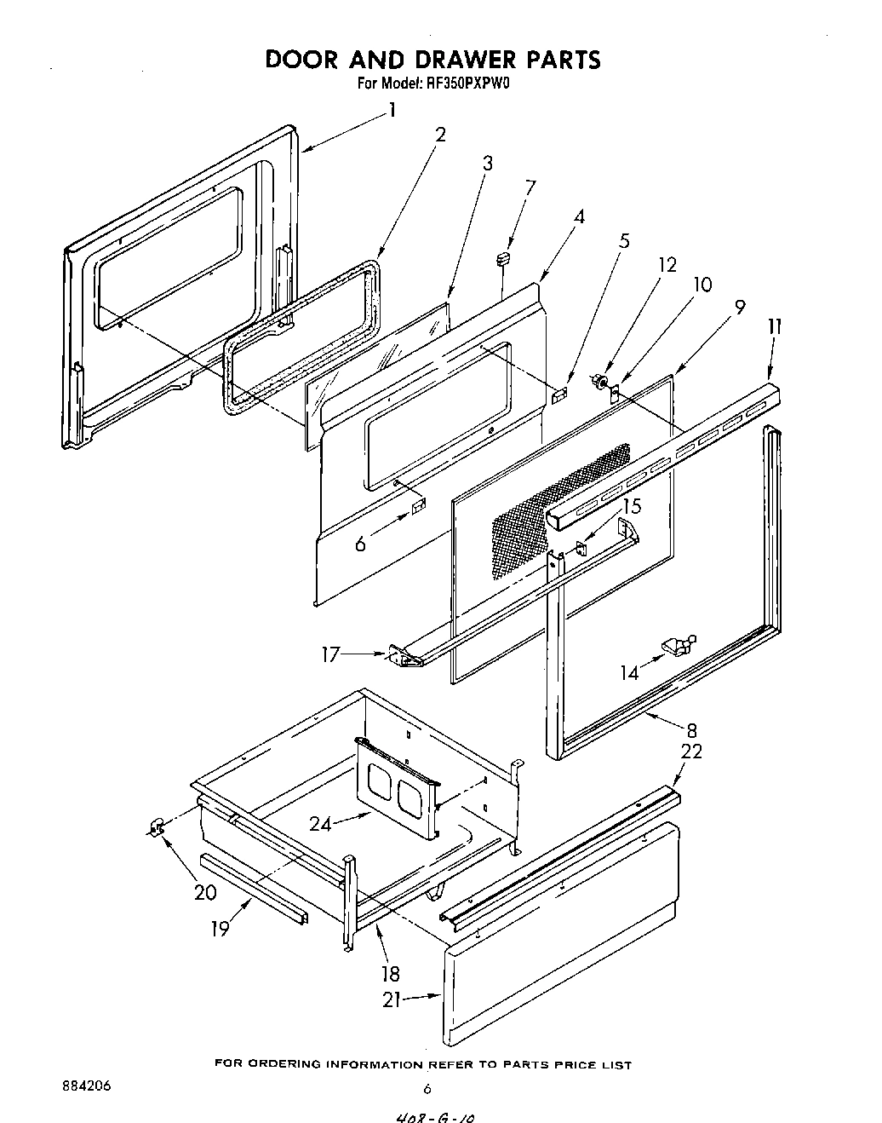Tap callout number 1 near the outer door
(392, 110)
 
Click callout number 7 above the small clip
(530, 187)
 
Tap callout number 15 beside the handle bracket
(631, 506)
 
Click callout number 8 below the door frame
(691, 729)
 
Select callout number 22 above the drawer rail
(691, 752)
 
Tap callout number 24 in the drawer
(320, 823)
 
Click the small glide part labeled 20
(154, 826)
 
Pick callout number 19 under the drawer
(220, 928)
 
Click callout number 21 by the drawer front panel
(392, 1000)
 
